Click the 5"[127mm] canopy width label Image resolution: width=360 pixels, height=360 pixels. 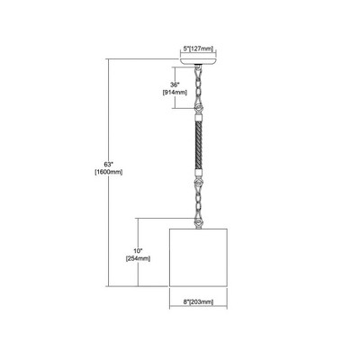198,49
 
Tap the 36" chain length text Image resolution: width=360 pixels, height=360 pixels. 175,85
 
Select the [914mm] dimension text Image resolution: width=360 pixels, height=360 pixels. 175,93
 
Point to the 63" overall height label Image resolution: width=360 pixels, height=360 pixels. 108,165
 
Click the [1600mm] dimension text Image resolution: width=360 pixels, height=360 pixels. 108,172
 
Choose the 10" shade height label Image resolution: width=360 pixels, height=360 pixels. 138,251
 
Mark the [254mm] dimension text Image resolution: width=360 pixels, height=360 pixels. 138,258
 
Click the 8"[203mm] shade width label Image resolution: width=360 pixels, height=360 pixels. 198,302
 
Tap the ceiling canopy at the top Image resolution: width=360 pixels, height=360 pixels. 198,61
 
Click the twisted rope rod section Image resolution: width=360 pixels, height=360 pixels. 198,145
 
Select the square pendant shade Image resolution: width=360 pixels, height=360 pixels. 198,257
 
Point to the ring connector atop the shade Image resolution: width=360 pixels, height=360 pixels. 198,223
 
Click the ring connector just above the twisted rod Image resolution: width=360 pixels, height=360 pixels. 198,108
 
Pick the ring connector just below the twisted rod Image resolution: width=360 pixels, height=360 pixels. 198,183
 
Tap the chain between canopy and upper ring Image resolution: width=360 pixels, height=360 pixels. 198,84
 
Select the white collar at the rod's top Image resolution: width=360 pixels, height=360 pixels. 198,117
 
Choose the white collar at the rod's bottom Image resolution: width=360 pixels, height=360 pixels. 198,174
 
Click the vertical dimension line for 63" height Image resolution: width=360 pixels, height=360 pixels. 109,173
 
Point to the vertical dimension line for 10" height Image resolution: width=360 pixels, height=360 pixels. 138,252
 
